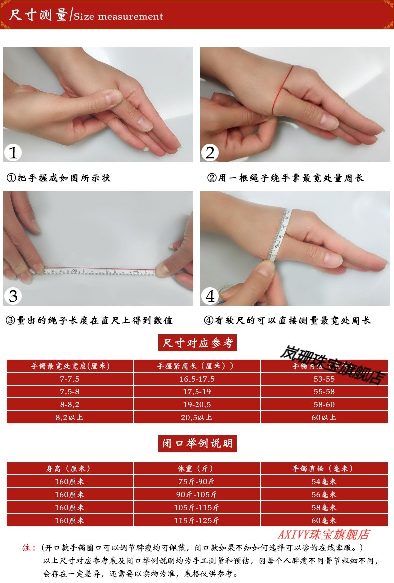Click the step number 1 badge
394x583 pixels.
click(13, 152)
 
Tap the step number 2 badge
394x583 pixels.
click(210, 152)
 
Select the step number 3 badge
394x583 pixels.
click(13, 296)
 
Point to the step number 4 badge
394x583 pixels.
click(210, 296)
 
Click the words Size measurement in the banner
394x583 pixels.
click(118, 16)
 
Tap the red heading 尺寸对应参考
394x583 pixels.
click(197, 343)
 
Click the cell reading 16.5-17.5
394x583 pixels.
click(197, 379)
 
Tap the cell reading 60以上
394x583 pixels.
click(324, 417)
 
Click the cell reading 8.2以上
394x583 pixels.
click(70, 417)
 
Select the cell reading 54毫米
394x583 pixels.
click(324, 481)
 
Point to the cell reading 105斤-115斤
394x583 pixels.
click(197, 507)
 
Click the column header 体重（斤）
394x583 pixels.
click(197, 469)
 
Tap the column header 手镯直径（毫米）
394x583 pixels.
click(324, 469)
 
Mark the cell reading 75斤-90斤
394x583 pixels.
click(197, 481)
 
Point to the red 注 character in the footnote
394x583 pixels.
click(28, 547)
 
